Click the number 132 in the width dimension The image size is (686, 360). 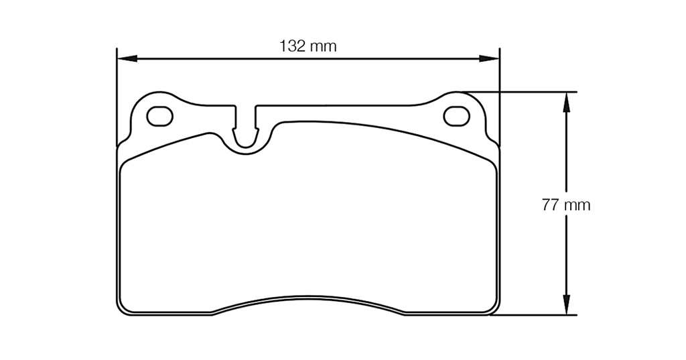[293, 46]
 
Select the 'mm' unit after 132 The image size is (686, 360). [323, 46]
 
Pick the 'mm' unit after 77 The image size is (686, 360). [576, 205]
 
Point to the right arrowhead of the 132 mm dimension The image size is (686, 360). [490, 59]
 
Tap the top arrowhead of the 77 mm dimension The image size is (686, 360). [566, 101]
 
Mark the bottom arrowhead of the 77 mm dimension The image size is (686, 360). [566, 305]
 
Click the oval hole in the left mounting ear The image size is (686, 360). [159, 116]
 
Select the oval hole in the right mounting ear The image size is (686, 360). [457, 116]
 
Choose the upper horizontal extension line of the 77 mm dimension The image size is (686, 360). [523, 92]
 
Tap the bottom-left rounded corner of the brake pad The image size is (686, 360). [123, 309]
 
